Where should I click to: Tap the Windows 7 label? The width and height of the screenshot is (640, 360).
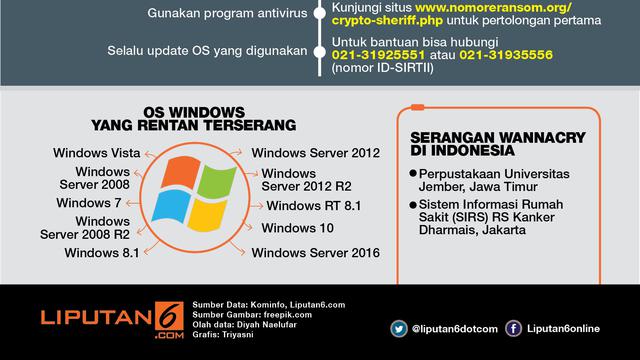[x=88, y=203]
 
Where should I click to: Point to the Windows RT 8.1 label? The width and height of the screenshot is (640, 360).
[x=314, y=206]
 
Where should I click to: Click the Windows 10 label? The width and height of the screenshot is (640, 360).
[x=297, y=229]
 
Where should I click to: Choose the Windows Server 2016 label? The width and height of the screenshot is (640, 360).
[x=316, y=253]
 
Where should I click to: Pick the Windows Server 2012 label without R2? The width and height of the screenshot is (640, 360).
[x=316, y=153]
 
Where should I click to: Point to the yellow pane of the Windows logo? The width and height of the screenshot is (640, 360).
[x=207, y=217]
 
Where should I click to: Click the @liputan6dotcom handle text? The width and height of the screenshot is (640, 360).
[x=453, y=327]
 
